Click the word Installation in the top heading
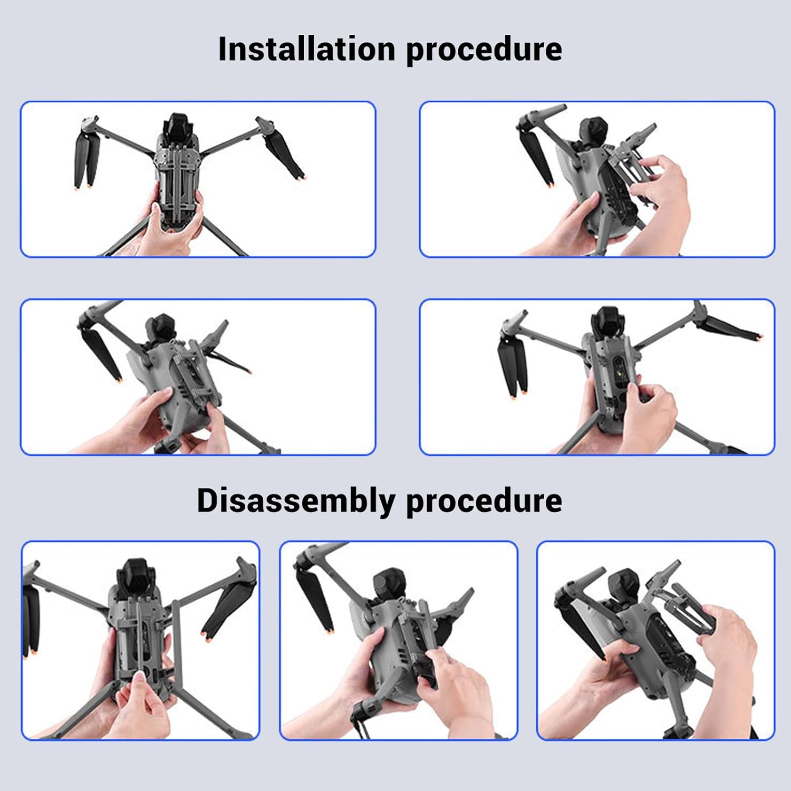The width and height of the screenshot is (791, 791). coord(306,49)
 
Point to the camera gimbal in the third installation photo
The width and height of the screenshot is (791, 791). coord(162,331)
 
